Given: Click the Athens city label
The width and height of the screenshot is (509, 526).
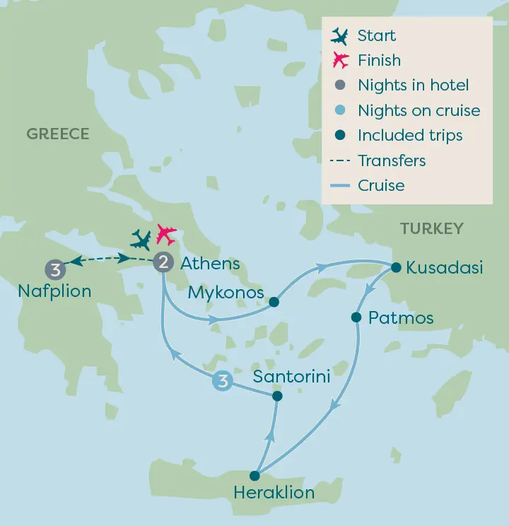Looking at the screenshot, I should [x=210, y=264].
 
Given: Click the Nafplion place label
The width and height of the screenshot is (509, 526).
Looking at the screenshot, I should [x=54, y=291].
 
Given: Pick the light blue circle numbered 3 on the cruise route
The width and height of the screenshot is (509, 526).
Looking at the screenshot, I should [x=223, y=382].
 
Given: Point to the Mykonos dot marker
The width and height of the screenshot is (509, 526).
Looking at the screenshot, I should [x=274, y=302].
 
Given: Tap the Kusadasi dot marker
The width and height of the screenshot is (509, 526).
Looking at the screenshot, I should [x=396, y=267].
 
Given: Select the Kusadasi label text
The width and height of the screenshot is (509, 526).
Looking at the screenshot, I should [x=445, y=268].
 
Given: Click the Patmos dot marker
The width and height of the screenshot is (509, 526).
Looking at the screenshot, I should [x=356, y=317].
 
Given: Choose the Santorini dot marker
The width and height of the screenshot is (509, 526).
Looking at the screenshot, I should [x=277, y=397].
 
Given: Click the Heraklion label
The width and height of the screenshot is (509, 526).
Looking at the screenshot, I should [x=274, y=493].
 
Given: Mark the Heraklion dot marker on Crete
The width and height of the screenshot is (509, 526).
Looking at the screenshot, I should [x=255, y=476].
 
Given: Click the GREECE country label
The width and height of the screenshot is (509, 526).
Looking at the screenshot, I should [x=58, y=134].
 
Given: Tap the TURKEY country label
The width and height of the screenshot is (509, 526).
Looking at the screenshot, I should [x=431, y=228].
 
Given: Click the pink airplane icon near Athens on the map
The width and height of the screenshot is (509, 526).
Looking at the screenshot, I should [x=167, y=233].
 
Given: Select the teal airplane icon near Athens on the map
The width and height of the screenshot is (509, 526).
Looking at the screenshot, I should [x=141, y=240].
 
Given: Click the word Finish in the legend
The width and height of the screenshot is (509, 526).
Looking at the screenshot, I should [x=379, y=61].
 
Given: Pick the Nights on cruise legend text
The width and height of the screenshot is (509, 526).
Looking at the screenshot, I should [x=419, y=111].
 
